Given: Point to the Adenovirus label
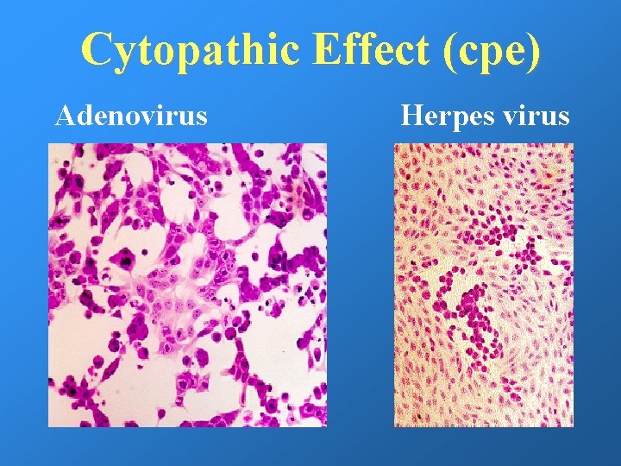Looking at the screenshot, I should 131,115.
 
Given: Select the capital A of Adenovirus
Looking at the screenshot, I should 66,115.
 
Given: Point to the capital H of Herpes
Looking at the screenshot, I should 411,115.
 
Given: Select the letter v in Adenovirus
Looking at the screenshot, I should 156,116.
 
